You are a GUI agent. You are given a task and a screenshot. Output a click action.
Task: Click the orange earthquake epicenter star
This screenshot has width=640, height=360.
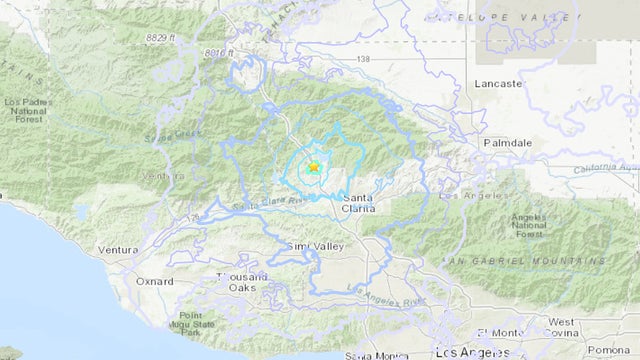(313, 167)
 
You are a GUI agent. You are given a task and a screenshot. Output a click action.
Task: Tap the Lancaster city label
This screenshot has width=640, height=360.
(500, 84)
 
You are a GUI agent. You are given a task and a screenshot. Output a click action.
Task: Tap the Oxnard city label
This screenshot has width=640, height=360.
(154, 282)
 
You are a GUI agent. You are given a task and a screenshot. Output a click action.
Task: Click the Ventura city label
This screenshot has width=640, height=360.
(118, 249)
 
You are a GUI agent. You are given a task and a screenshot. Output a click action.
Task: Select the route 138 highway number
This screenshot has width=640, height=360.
(362, 60)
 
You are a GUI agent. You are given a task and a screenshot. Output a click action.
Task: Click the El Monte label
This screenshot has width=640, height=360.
(496, 332)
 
